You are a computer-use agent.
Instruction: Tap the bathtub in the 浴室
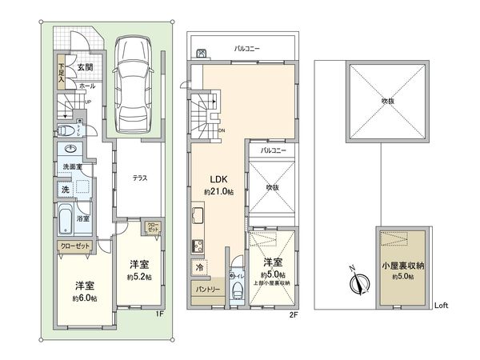point(66,217)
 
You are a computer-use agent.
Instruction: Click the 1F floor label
point(159,313)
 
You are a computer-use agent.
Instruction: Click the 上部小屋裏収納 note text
point(273,282)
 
